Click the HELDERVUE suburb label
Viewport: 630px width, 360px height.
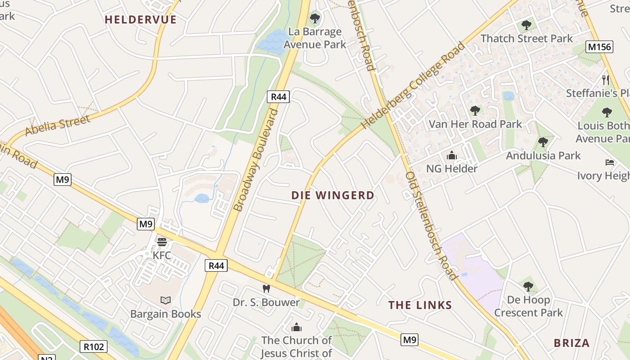coord(140,19)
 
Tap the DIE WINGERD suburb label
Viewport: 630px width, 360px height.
coord(333,195)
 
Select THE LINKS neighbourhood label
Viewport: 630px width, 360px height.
coord(420,305)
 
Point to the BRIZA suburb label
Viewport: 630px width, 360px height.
coord(571,343)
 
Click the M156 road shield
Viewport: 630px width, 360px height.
coord(599,47)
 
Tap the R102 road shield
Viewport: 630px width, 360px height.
coord(94,346)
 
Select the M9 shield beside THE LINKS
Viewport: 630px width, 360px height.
coord(409,340)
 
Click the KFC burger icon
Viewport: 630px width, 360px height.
coord(162,242)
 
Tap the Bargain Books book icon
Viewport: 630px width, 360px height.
coord(166,300)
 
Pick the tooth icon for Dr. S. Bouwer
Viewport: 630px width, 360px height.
coord(266,288)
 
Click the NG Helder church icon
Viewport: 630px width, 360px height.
coord(451,156)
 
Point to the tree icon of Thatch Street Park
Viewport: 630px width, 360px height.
coord(526,25)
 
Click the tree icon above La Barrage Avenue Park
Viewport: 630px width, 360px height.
coord(315,18)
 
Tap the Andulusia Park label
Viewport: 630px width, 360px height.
coord(543,156)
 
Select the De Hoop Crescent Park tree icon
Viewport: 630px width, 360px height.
coord(528,286)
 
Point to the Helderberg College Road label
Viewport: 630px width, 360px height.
coord(413,86)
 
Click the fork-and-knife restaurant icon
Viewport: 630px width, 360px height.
coord(606,80)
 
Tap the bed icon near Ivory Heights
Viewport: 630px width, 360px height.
coord(610,162)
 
